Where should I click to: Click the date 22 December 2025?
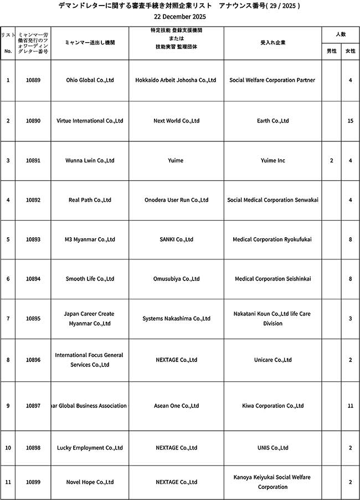tap(179, 17)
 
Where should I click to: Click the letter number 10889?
tap(33, 80)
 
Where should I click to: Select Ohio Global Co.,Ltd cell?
tap(90, 80)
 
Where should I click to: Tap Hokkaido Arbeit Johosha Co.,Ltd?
tap(176, 80)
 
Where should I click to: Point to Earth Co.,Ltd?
tap(272, 121)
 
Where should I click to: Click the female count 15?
tap(350, 121)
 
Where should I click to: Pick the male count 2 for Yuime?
tap(331, 161)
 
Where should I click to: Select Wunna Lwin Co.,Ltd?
tap(90, 161)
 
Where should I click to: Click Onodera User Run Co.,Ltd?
tap(176, 200)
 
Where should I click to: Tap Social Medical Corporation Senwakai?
tap(272, 200)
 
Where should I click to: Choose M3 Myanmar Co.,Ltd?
tap(90, 240)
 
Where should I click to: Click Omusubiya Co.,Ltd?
tap(176, 279)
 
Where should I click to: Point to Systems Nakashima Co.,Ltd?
tap(176, 319)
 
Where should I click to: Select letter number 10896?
tap(33, 360)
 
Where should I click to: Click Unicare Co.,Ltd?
tap(272, 360)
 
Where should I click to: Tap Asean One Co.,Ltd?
tap(176, 406)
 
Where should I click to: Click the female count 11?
tap(350, 406)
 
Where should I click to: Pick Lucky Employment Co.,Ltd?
tap(90, 448)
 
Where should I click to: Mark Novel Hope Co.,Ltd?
tap(90, 482)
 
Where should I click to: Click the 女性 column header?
tap(350, 51)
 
